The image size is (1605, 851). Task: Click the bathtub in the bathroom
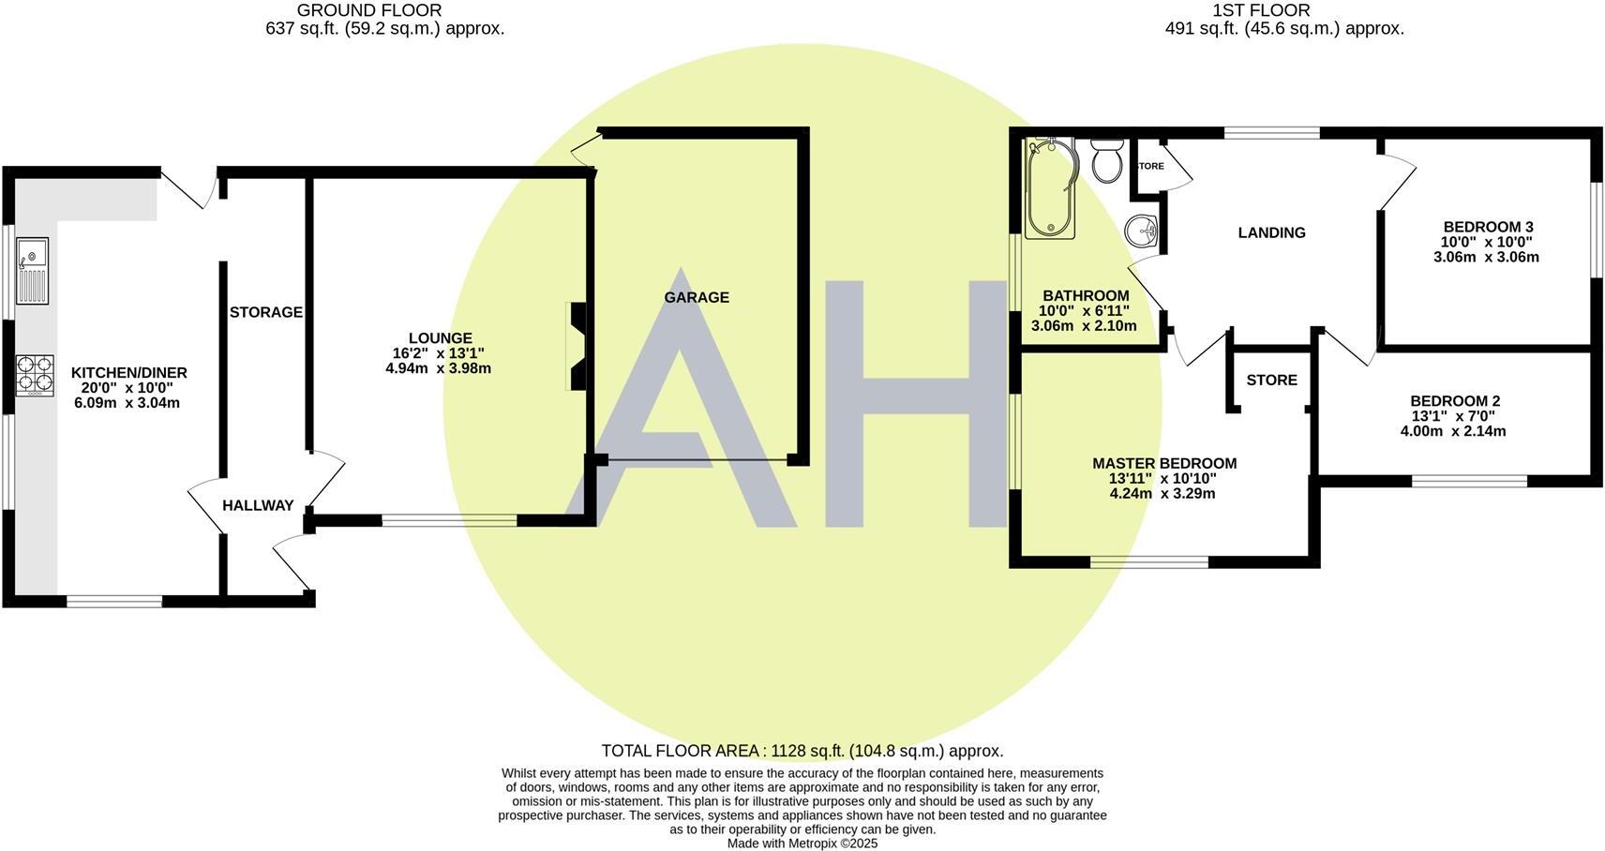(1048, 187)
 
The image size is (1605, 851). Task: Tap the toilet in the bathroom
(1107, 161)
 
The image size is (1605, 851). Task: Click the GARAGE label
(697, 298)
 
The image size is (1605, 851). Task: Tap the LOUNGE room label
(440, 338)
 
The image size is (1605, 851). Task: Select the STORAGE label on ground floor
(266, 312)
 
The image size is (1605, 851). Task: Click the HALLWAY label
(258, 506)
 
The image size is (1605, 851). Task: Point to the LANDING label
(1271, 233)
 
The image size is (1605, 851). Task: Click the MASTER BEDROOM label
(1164, 464)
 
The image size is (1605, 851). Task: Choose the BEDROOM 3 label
(1488, 227)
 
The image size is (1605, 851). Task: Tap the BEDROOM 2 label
(1455, 401)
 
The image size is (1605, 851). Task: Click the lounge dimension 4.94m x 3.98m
(439, 368)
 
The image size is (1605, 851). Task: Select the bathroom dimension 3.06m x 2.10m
(1084, 326)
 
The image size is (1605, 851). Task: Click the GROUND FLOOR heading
(369, 10)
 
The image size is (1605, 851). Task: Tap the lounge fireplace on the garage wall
(577, 345)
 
